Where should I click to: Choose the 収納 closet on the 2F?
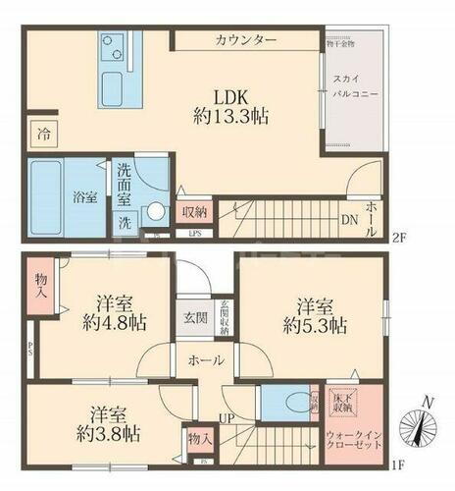pyautogui.click(x=193, y=212)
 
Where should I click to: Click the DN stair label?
pyautogui.click(x=347, y=220)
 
